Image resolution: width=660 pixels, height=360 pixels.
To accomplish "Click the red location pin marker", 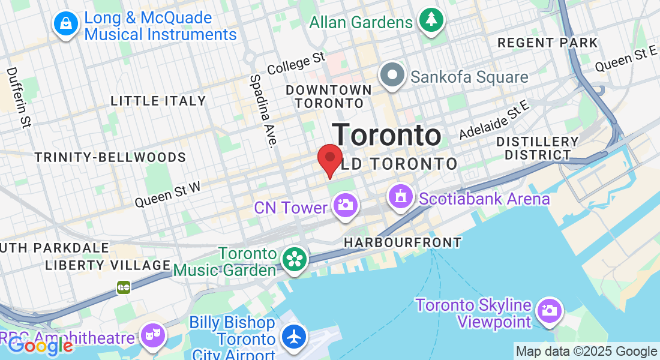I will [329, 158].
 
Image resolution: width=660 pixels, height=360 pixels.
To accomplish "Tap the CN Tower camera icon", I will [345, 205].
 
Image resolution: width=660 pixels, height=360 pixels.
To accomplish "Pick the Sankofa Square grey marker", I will [393, 76].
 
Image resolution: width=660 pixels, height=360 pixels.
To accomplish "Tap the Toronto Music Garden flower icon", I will [295, 260].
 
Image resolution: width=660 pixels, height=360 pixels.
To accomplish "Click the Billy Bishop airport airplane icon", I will [294, 336].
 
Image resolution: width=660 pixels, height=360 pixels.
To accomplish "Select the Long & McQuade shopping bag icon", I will [67, 24].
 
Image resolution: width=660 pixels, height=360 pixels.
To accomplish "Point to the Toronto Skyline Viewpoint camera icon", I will [548, 310].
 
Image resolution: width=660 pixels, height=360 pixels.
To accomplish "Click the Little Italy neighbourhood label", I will [158, 101].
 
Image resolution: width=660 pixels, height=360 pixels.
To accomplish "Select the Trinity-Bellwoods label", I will [110, 157].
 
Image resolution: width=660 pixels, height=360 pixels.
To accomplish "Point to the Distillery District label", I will [538, 148].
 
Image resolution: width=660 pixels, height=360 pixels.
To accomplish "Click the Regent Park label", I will [548, 43].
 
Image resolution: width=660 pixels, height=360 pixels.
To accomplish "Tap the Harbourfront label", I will [403, 242].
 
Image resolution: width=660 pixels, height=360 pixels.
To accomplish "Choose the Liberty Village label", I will [108, 265].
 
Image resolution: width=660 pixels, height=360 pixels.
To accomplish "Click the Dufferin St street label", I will [19, 97].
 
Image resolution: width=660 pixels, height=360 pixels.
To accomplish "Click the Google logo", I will [41, 345].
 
